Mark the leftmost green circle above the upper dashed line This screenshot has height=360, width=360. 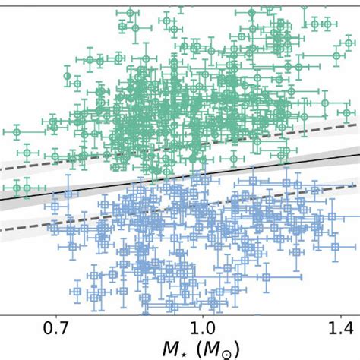click(53, 121)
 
